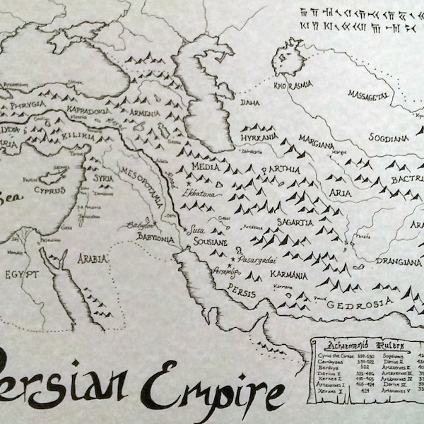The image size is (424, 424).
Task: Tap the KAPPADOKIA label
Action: (x=87, y=112)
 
